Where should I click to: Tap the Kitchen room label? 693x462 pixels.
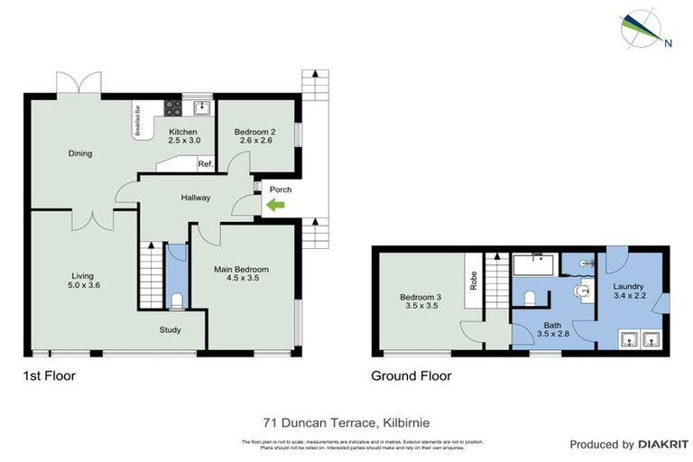[x=182, y=132]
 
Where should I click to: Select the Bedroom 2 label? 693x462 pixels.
[x=254, y=132]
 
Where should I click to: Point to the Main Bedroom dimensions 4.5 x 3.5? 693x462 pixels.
[x=241, y=278]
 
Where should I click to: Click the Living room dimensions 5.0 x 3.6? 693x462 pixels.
[x=83, y=285]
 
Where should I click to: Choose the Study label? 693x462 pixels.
[x=171, y=329]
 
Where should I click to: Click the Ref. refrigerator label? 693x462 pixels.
[x=205, y=163]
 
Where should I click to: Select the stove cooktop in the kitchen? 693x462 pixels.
[x=173, y=108]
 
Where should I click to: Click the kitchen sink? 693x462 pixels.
[x=202, y=109]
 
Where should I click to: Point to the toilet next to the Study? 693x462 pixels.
[x=177, y=300]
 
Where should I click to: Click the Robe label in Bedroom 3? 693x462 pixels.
[x=471, y=280]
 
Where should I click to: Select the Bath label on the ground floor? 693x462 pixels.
[x=552, y=325]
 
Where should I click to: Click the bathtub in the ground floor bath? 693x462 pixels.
[x=533, y=265]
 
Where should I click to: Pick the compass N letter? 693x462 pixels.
[x=667, y=42]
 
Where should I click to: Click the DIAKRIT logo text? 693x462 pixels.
[x=663, y=444]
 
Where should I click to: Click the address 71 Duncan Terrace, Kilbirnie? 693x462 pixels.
[x=346, y=421]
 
